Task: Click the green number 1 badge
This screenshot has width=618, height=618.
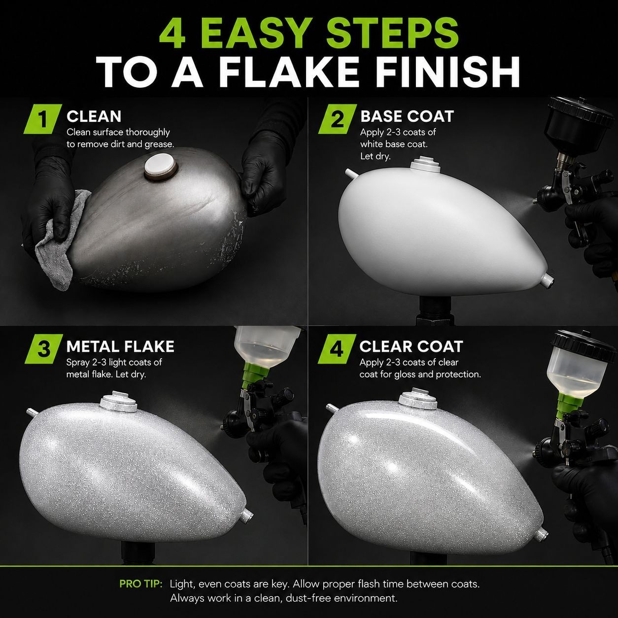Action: [43, 119]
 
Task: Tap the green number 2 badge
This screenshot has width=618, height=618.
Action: [338, 119]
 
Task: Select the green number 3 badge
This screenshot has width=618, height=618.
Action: [44, 349]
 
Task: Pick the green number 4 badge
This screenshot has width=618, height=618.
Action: [337, 349]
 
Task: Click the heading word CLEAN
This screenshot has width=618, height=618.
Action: [94, 116]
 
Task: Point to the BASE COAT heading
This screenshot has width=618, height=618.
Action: [407, 116]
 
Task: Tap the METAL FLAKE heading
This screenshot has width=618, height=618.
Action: [120, 346]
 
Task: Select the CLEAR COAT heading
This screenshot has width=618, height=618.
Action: [411, 346]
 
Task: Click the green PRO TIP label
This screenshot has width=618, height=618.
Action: [141, 584]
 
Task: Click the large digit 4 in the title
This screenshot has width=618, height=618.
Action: [172, 34]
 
